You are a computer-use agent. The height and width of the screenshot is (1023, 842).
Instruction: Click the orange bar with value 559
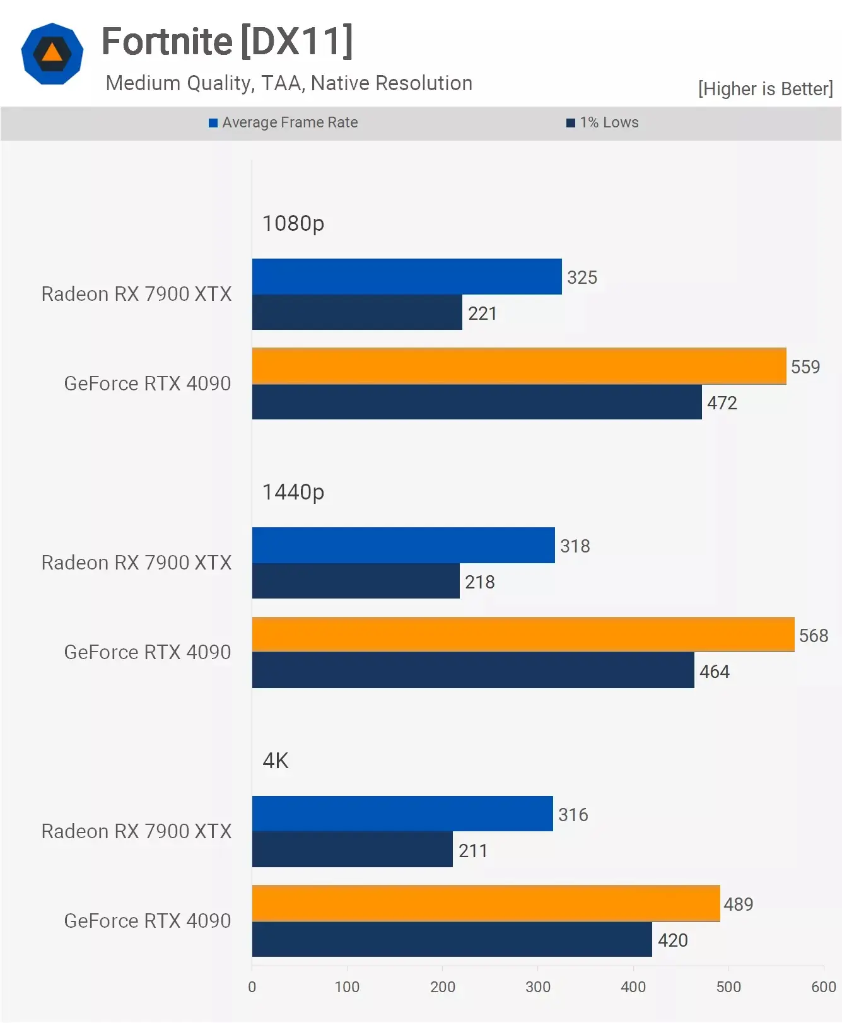[x=518, y=366]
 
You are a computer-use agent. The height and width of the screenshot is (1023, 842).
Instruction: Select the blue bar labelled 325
[x=407, y=276]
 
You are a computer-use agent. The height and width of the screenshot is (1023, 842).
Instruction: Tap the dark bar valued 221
[x=357, y=312]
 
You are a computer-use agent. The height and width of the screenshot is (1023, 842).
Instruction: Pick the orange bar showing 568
[x=523, y=634]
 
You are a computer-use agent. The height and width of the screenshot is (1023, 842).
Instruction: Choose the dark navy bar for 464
[x=473, y=670]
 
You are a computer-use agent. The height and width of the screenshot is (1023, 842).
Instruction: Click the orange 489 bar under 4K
[x=486, y=903]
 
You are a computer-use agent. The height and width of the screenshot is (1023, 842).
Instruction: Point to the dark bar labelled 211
[x=352, y=850]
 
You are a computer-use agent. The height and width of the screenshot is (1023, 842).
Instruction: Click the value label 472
[x=722, y=403]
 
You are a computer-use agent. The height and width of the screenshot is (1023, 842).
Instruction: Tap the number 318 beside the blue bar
[x=575, y=546]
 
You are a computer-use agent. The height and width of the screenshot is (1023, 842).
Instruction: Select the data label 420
[x=672, y=940]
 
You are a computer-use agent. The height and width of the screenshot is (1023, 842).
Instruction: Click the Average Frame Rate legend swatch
[x=213, y=123]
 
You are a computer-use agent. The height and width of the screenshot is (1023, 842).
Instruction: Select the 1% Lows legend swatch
[x=571, y=123]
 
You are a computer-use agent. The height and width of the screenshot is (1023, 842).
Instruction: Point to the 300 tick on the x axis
[x=537, y=987]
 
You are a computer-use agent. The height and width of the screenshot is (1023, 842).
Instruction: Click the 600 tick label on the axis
[x=823, y=987]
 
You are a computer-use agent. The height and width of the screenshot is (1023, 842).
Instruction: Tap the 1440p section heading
[x=293, y=492]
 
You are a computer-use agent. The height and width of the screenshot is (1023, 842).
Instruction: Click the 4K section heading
[x=275, y=761]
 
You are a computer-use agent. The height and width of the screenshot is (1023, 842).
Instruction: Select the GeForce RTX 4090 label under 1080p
[x=148, y=383]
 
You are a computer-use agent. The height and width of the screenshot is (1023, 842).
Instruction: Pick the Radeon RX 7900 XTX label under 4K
[x=136, y=831]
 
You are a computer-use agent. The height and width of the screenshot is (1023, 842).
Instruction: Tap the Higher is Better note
[x=765, y=89]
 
